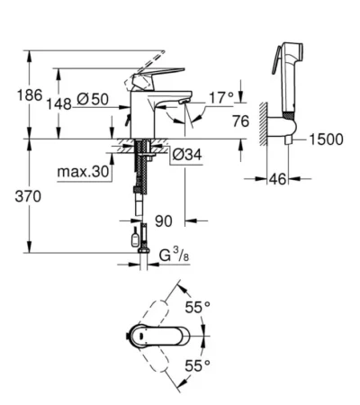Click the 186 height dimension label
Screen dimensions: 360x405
click(x=30, y=95)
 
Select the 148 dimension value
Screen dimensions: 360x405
click(x=58, y=104)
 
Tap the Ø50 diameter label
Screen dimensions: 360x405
click(x=93, y=99)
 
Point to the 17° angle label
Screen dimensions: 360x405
click(x=221, y=97)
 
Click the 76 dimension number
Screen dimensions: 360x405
click(x=240, y=121)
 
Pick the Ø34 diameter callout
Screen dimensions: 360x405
click(x=187, y=155)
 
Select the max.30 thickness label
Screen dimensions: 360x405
click(x=83, y=172)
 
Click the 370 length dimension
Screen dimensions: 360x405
click(x=28, y=197)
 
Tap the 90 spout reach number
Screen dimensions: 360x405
click(x=164, y=221)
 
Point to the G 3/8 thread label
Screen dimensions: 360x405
click(x=174, y=256)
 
